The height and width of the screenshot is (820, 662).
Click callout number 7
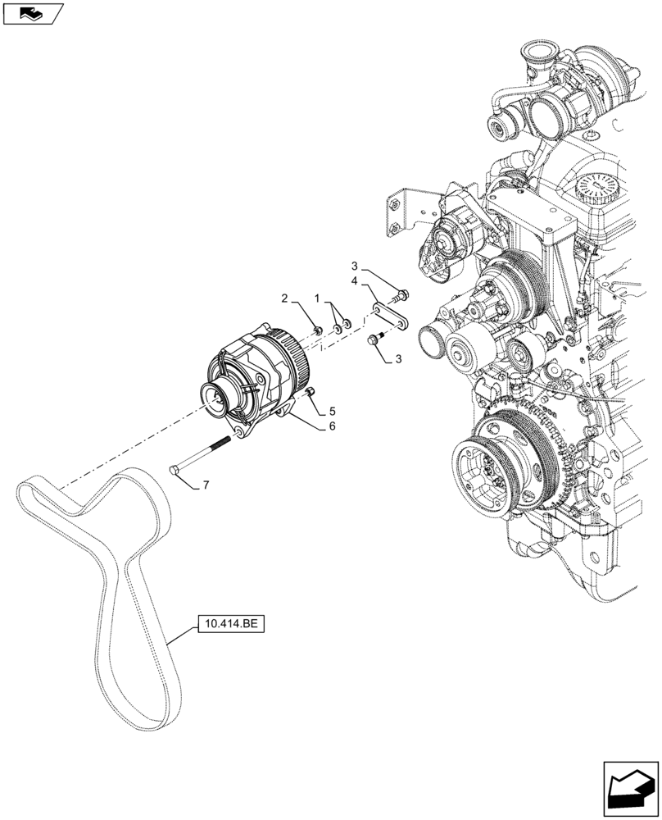point(206,485)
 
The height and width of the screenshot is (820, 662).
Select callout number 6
point(332,426)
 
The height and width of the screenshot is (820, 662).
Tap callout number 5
point(332,410)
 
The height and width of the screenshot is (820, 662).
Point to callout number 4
point(355,281)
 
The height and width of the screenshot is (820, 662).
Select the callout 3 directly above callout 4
point(355,266)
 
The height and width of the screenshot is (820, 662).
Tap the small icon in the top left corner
point(32,12)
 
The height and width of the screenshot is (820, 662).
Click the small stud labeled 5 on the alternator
point(311,394)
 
